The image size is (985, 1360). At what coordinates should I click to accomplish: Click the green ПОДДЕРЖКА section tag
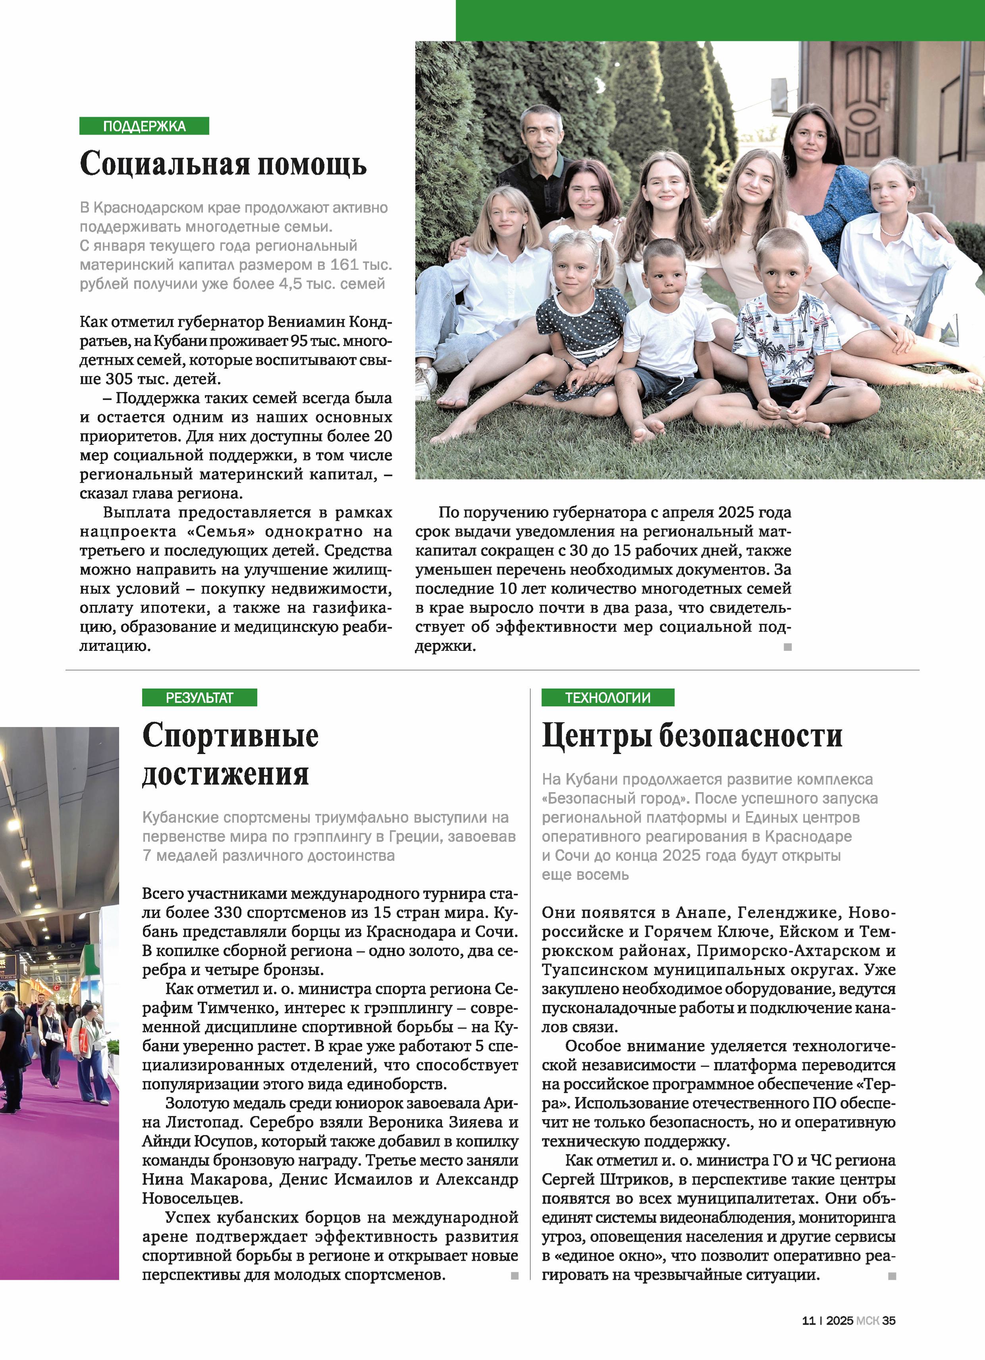click(144, 126)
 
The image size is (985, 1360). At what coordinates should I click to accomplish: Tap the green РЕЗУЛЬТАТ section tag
click(199, 697)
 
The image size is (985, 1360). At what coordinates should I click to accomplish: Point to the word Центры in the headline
click(596, 736)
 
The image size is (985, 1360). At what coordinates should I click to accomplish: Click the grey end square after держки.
click(788, 646)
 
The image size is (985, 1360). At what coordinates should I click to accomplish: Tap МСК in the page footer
click(867, 1320)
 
